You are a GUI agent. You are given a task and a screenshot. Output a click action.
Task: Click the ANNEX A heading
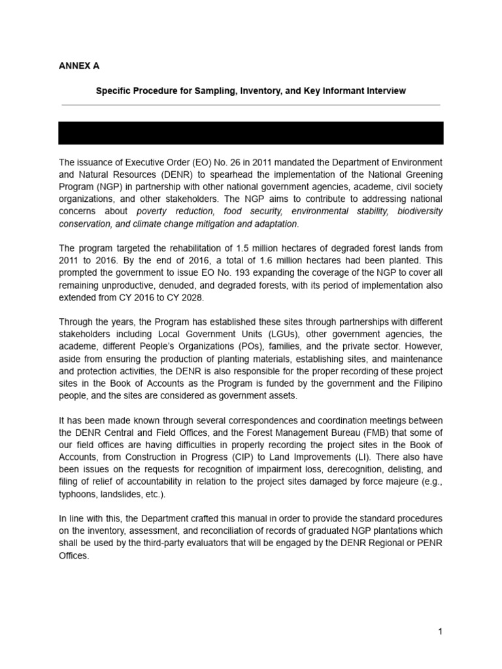(x=79, y=66)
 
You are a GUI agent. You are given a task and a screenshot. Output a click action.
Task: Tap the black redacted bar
(x=251, y=133)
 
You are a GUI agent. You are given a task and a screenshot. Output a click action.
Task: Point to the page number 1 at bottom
(x=441, y=631)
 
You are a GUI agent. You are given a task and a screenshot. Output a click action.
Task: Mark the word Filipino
(x=427, y=383)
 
